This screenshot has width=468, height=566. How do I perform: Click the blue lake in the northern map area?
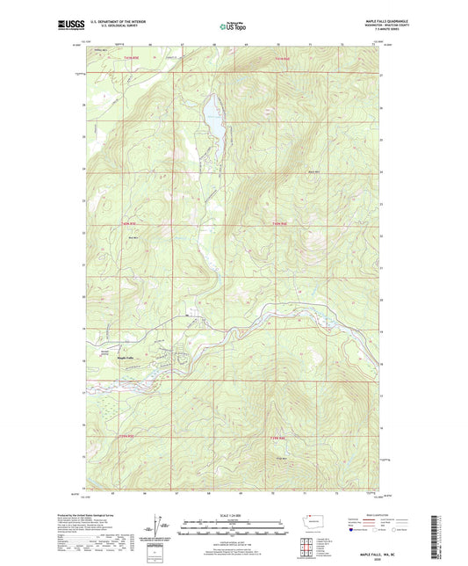click(212, 118)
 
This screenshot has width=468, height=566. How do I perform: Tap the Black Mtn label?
click(313, 172)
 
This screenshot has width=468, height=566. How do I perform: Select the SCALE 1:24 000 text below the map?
click(234, 514)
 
